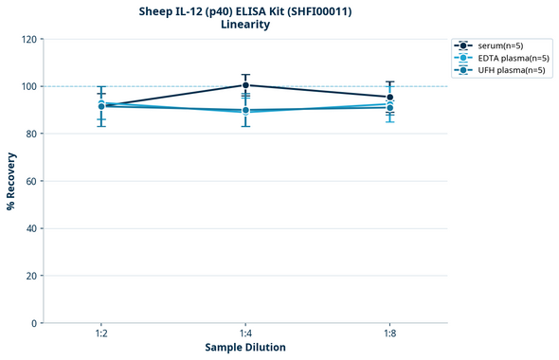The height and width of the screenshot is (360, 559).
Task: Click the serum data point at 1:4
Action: coord(245,85)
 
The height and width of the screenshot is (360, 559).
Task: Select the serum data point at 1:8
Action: coord(389,97)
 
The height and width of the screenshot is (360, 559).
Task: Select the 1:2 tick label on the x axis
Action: coord(101,334)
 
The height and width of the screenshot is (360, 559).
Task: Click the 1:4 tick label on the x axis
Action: coord(245,334)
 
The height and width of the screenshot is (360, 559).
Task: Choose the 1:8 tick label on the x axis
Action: coord(389,334)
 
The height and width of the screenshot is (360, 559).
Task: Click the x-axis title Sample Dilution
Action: coord(245,348)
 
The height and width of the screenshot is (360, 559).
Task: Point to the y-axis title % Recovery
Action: coord(11,181)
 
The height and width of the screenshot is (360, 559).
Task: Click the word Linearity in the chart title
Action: coord(245,25)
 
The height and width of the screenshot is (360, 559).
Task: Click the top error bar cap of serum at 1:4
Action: coord(245,75)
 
